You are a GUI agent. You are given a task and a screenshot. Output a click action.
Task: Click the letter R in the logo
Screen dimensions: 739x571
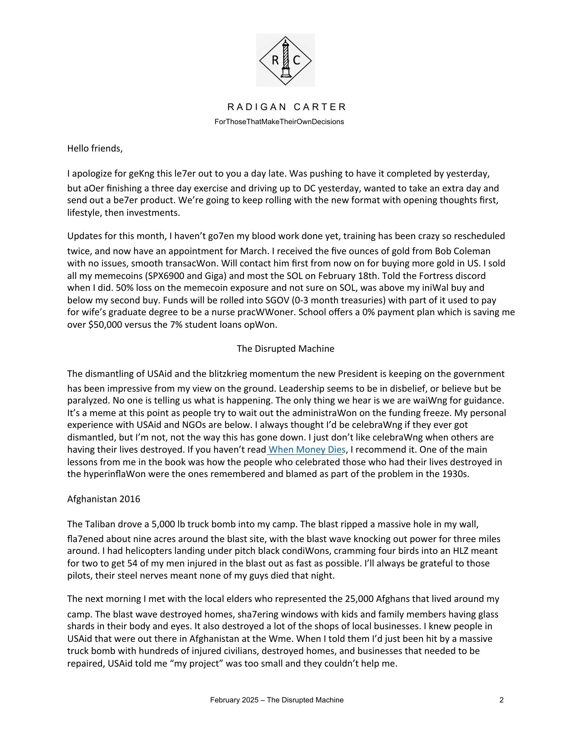[x=275, y=60]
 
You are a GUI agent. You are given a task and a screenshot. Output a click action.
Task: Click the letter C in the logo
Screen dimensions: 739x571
[x=296, y=60]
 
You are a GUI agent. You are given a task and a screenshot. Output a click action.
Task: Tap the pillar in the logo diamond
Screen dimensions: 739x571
[x=285, y=59]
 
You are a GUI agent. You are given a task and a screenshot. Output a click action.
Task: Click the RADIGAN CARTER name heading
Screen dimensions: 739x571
[x=287, y=107]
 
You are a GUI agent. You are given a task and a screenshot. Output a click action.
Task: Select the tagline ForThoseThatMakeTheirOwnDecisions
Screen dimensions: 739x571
[x=279, y=122]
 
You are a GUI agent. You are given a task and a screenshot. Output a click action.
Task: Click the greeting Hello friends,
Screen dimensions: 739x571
[x=95, y=149]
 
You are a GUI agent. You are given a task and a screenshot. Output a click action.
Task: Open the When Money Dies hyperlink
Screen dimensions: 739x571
[x=307, y=450]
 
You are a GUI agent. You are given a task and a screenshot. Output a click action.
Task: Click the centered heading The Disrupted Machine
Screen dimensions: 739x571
[x=285, y=349]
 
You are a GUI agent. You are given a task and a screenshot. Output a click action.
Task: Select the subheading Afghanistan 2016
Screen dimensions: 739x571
[x=103, y=499]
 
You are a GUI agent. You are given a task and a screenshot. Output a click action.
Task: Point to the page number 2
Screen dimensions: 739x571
[x=502, y=700]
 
